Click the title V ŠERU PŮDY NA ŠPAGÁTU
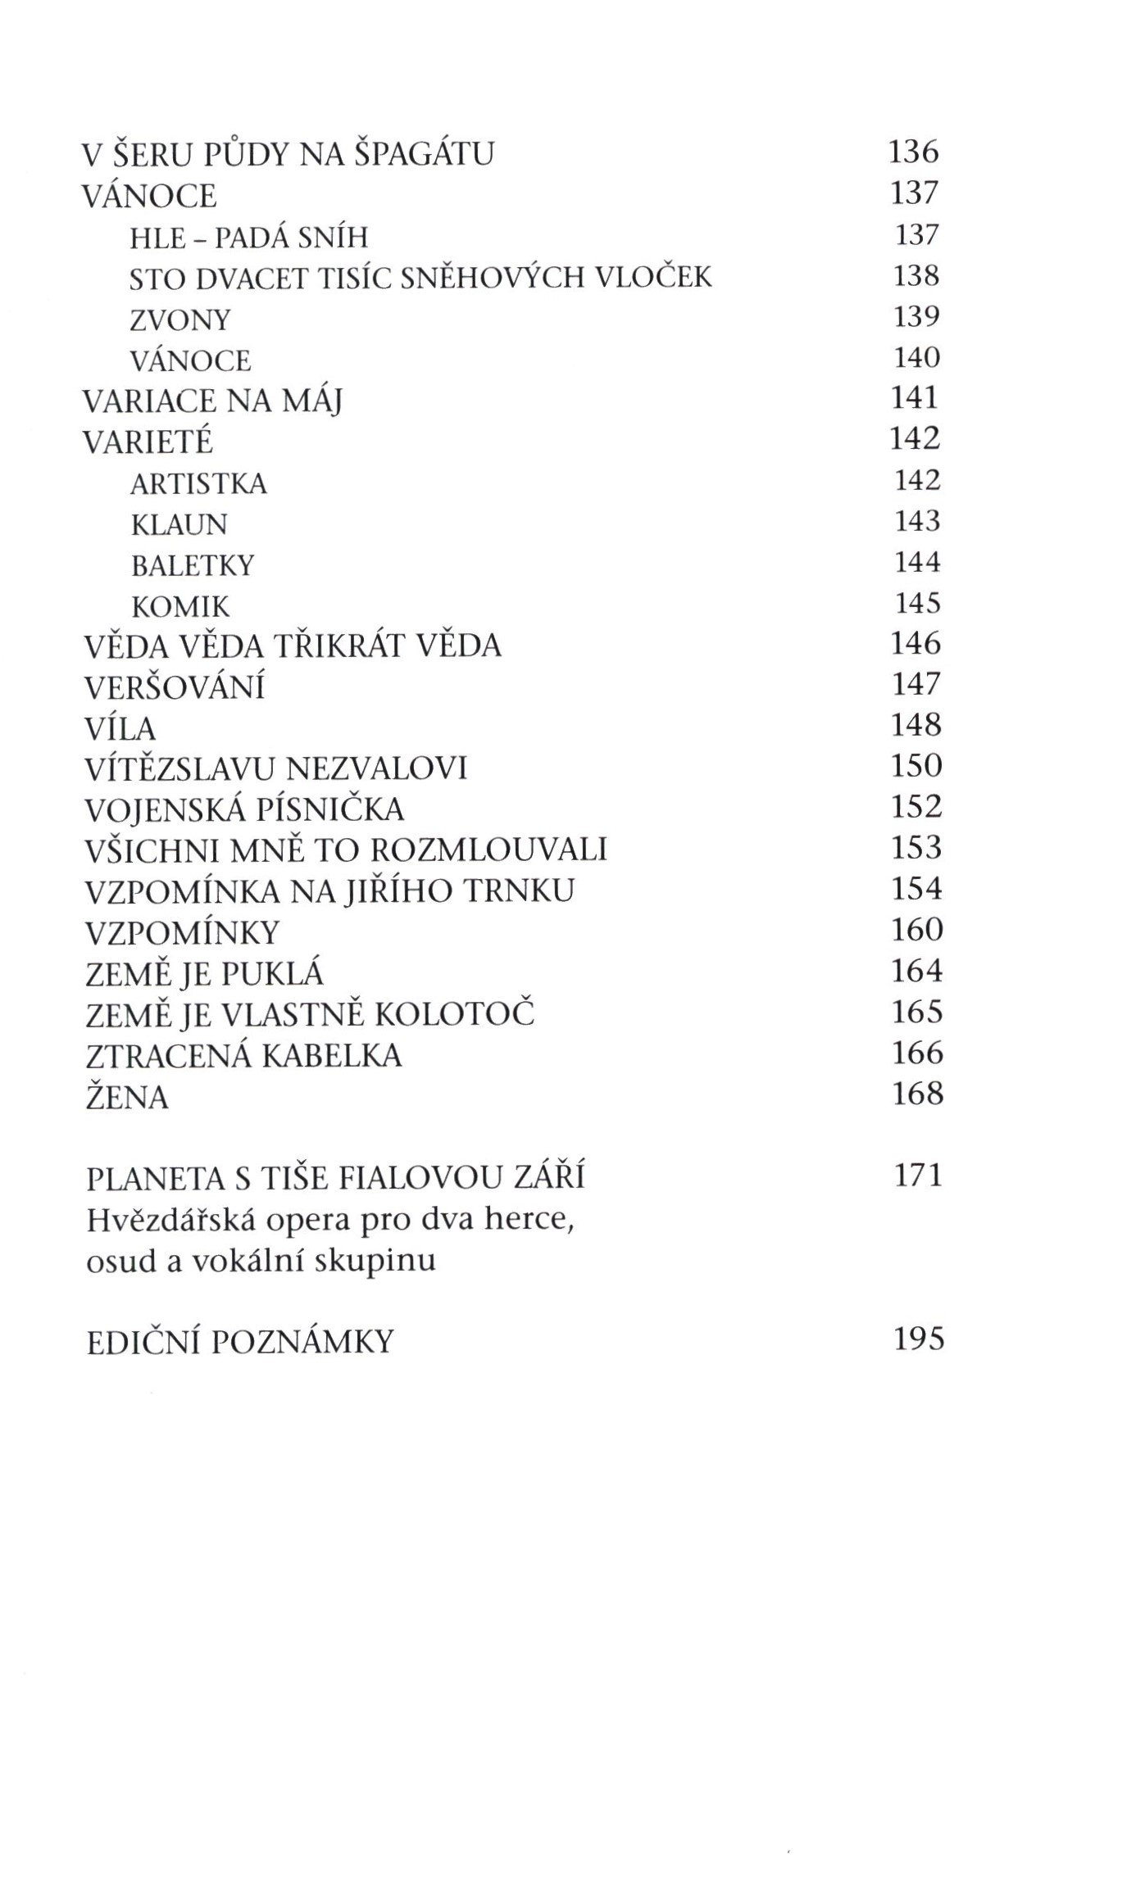pos(289,154)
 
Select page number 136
pos(913,152)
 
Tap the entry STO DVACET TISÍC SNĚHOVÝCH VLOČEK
pos(420,279)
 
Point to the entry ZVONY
pos(180,319)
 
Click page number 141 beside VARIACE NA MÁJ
pos(914,398)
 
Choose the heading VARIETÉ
pos(148,442)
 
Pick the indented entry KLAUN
pos(179,524)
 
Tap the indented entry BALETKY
pos(193,565)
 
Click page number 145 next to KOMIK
pos(916,603)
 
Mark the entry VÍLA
pos(120,728)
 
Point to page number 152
pos(916,808)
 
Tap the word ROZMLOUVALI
pos(488,850)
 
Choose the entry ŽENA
pos(127,1097)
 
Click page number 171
pos(918,1176)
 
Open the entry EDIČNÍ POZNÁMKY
pos(240,1342)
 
